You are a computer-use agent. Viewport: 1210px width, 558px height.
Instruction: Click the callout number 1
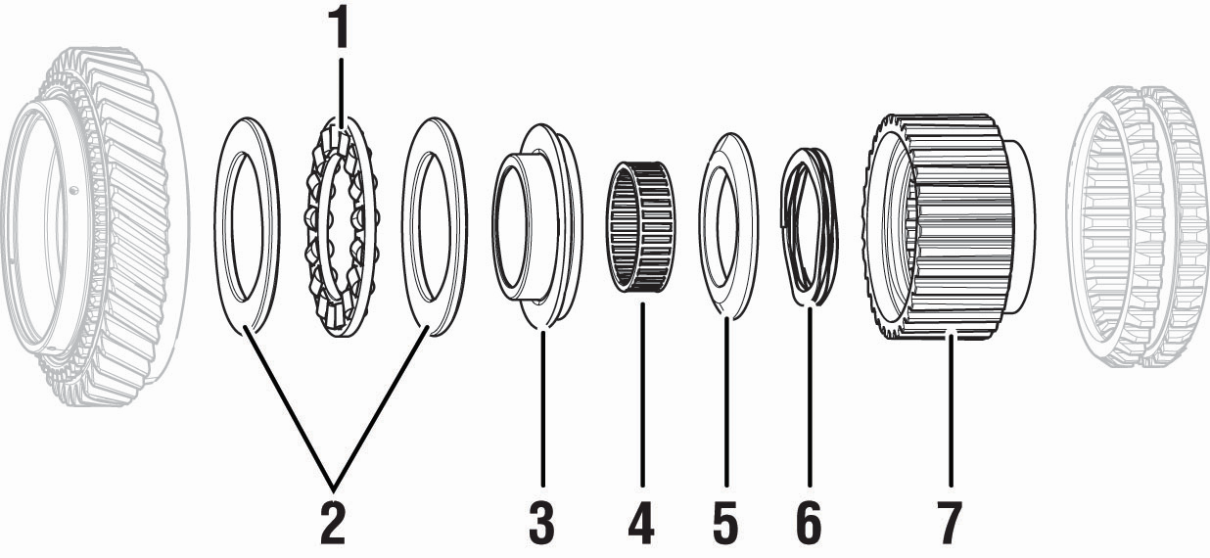pos(339,28)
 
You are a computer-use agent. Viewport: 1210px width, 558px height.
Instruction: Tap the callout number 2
pos(333,523)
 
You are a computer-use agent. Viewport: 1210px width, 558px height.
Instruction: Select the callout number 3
pos(540,523)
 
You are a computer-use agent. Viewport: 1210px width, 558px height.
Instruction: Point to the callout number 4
pos(641,523)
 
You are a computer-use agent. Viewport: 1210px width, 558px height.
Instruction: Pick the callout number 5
pos(725,523)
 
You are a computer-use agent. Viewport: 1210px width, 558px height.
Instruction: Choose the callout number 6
pos(809,523)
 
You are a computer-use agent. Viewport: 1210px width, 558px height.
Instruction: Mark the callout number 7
pos(949,523)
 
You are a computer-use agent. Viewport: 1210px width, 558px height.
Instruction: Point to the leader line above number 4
pos(641,392)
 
